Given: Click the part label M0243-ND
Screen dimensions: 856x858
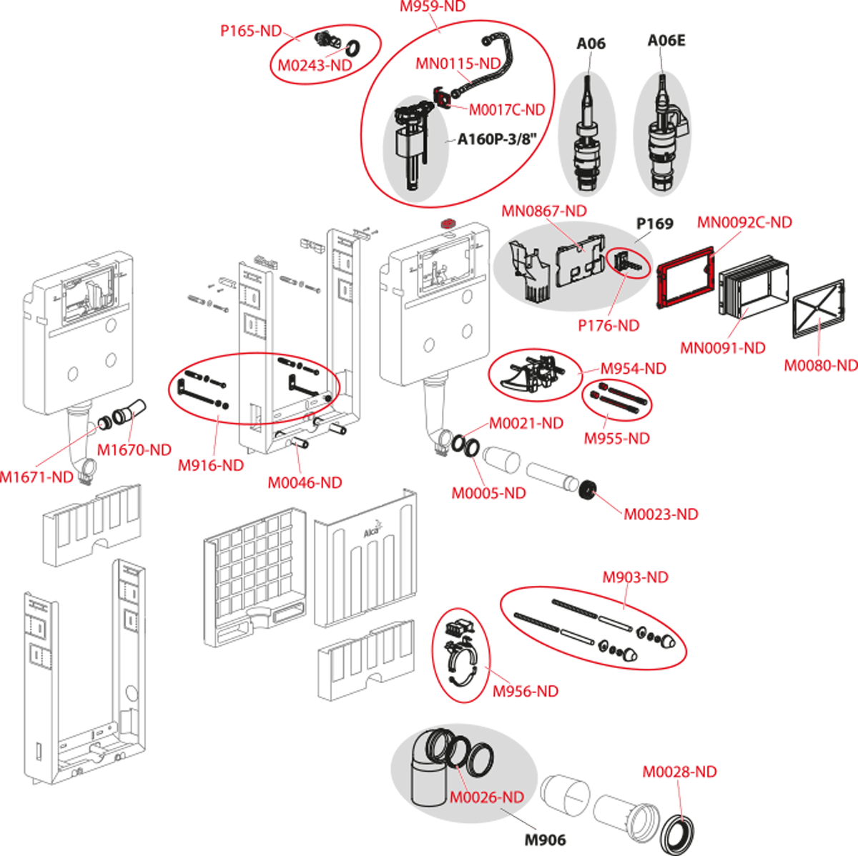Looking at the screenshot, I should click(x=315, y=65).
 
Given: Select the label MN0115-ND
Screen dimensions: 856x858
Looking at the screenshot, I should click(x=458, y=64).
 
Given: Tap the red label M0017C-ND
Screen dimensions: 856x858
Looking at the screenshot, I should click(x=507, y=109).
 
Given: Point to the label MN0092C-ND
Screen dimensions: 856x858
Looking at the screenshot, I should click(x=744, y=222).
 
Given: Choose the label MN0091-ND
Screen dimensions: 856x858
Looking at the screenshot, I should click(x=722, y=348).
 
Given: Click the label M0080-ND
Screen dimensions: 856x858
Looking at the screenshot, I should click(x=820, y=366).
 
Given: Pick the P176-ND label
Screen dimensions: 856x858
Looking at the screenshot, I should click(x=608, y=325).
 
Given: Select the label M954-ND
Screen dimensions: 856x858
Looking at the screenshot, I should click(x=633, y=369).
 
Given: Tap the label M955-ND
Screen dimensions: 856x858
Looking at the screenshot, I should click(x=616, y=439).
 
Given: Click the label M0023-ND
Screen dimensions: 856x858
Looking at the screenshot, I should click(x=661, y=514).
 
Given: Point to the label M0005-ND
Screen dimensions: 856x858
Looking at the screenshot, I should click(x=488, y=494).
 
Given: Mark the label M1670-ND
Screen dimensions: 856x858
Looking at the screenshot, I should click(x=134, y=449).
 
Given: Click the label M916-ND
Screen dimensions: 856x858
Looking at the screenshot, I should click(x=211, y=465).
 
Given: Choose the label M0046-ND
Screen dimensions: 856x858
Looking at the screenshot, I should click(x=305, y=482).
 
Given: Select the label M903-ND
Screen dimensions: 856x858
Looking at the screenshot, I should click(x=636, y=577).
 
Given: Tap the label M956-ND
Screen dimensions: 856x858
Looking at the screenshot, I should click(x=526, y=692).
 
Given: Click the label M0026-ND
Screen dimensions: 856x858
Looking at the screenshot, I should click(x=486, y=797).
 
